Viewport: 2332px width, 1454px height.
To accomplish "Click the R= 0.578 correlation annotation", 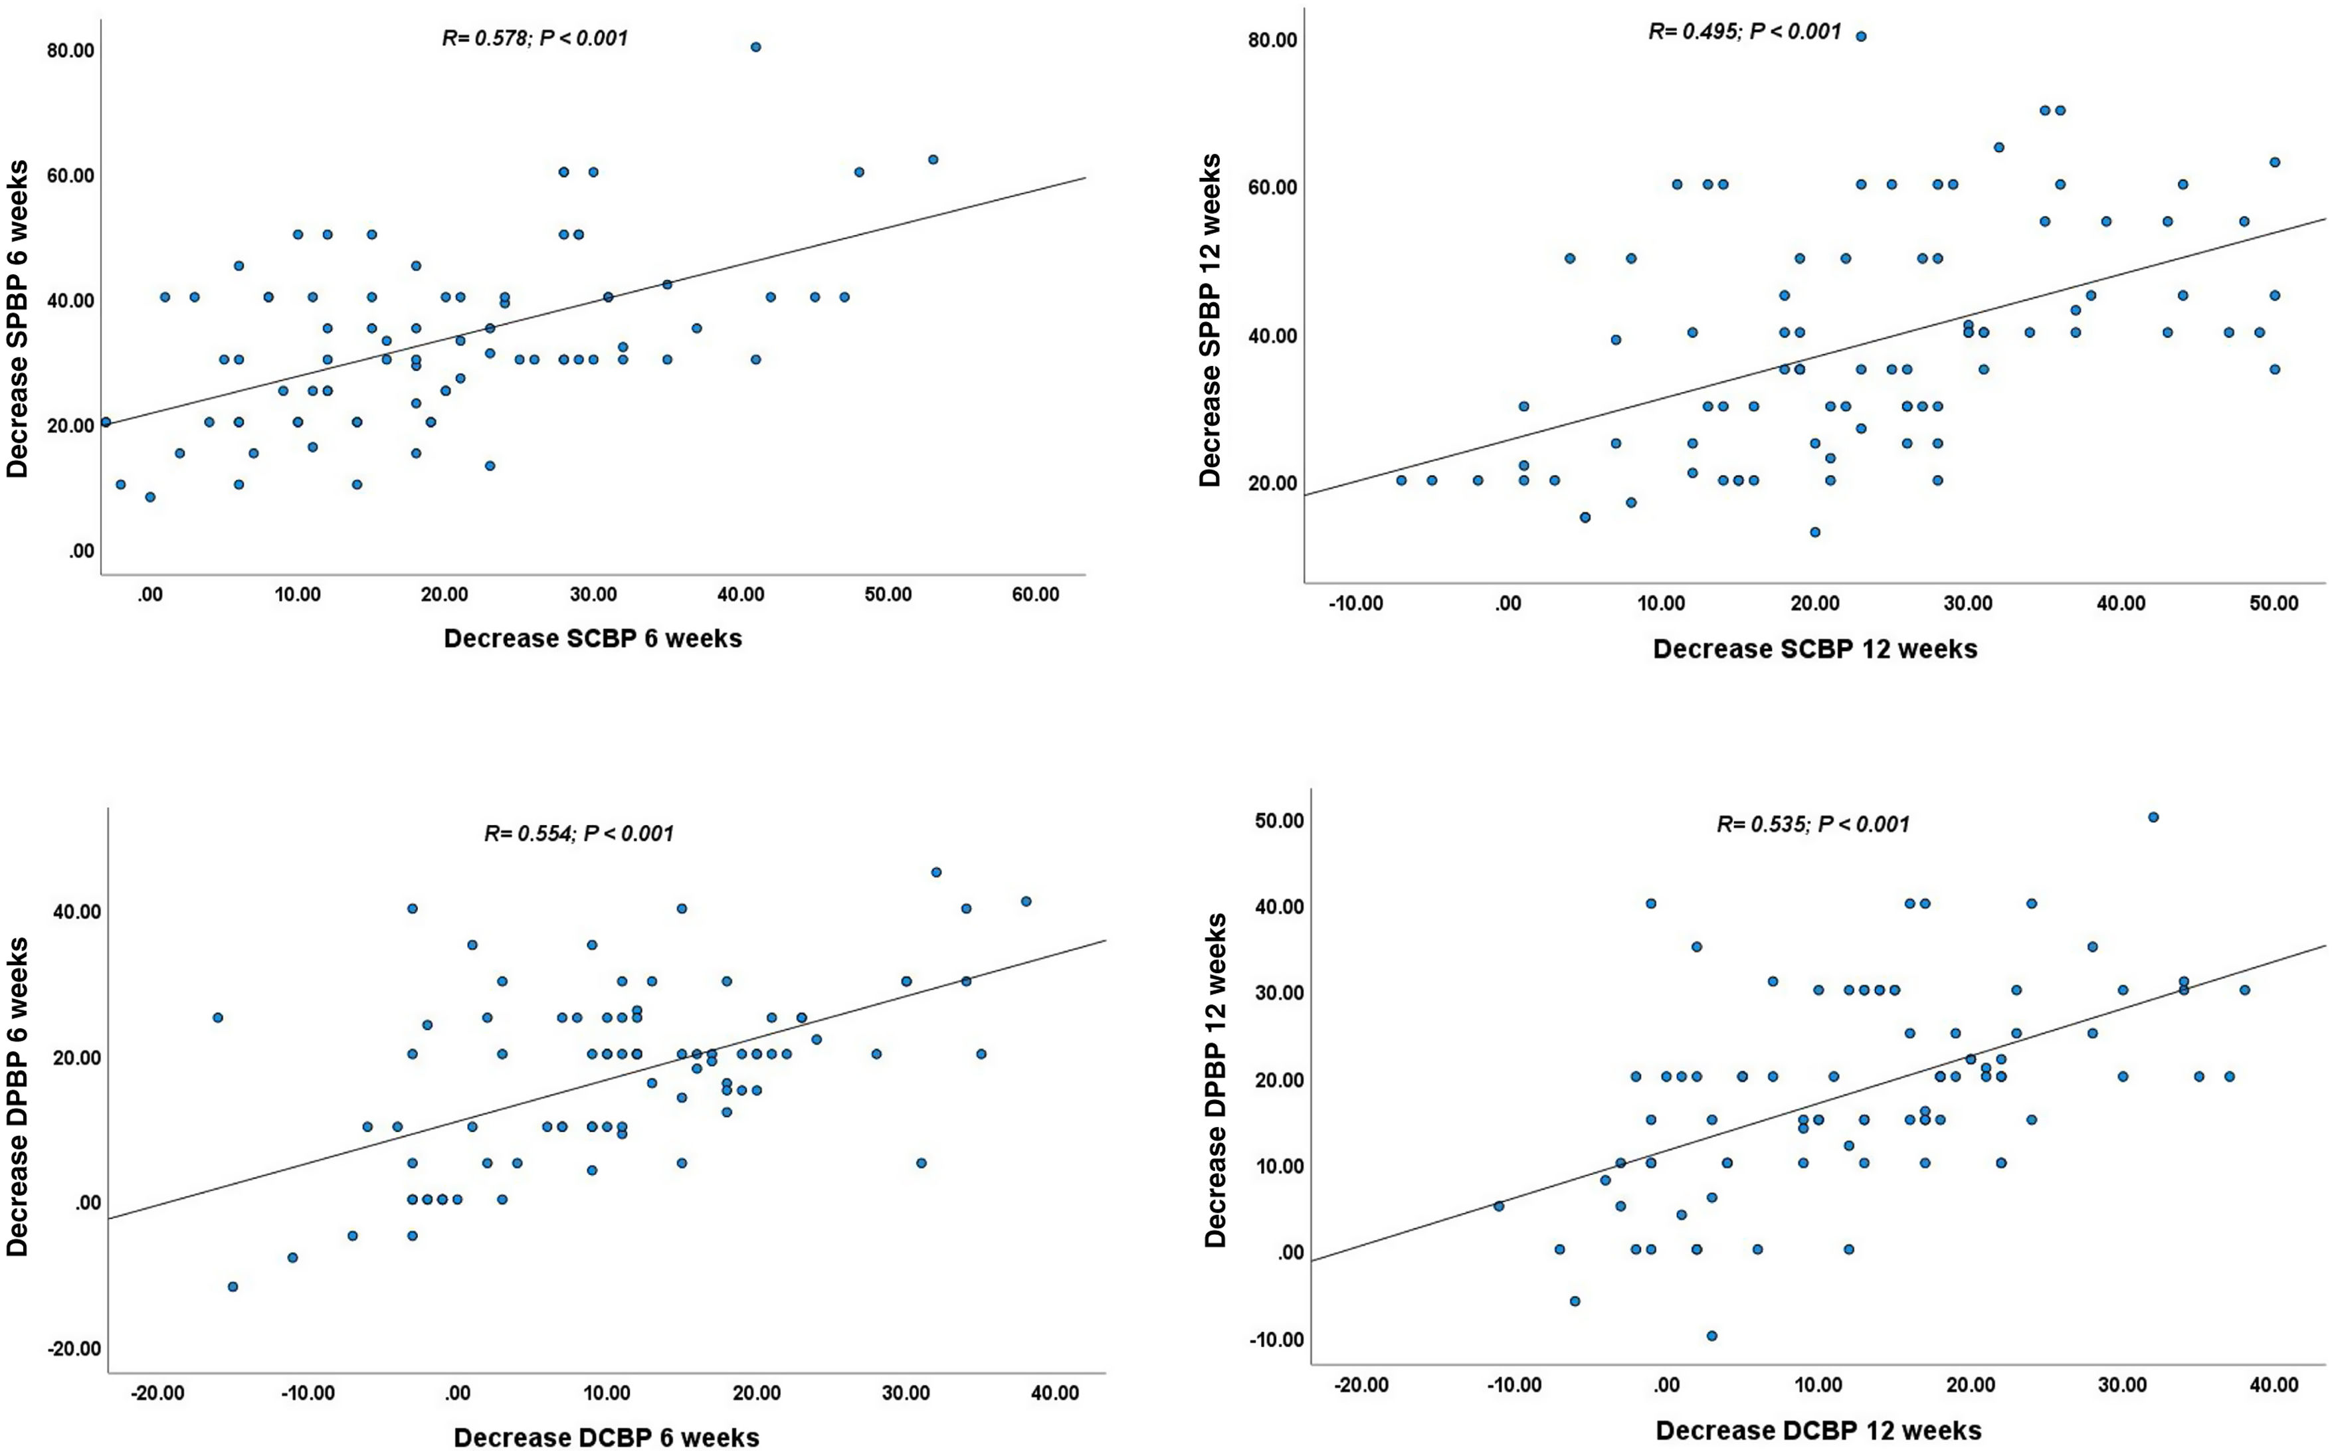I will coord(535,39).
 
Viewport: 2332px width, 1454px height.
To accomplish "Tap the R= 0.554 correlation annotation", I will coord(579,833).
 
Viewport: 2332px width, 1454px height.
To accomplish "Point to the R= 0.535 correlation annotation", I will coord(1812,824).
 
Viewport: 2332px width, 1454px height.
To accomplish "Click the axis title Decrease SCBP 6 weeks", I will coord(593,638).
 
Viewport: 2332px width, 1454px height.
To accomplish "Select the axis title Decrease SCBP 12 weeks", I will coord(1814,649).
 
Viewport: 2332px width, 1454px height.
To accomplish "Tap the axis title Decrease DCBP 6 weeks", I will coord(606,1437).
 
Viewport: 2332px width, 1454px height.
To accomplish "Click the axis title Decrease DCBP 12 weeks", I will coord(1818,1430).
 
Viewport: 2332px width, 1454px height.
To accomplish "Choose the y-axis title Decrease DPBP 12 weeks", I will coord(1216,1080).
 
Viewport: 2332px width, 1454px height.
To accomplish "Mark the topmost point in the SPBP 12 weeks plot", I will coord(1861,37).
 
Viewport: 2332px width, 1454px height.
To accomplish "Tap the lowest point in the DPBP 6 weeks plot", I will coord(232,1287).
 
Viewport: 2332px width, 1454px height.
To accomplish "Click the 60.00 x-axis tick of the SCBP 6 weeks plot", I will coord(1034,595).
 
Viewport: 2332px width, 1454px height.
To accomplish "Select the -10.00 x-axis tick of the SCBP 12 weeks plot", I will coord(1355,604).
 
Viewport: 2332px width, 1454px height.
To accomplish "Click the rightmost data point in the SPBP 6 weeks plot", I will coord(933,159).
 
